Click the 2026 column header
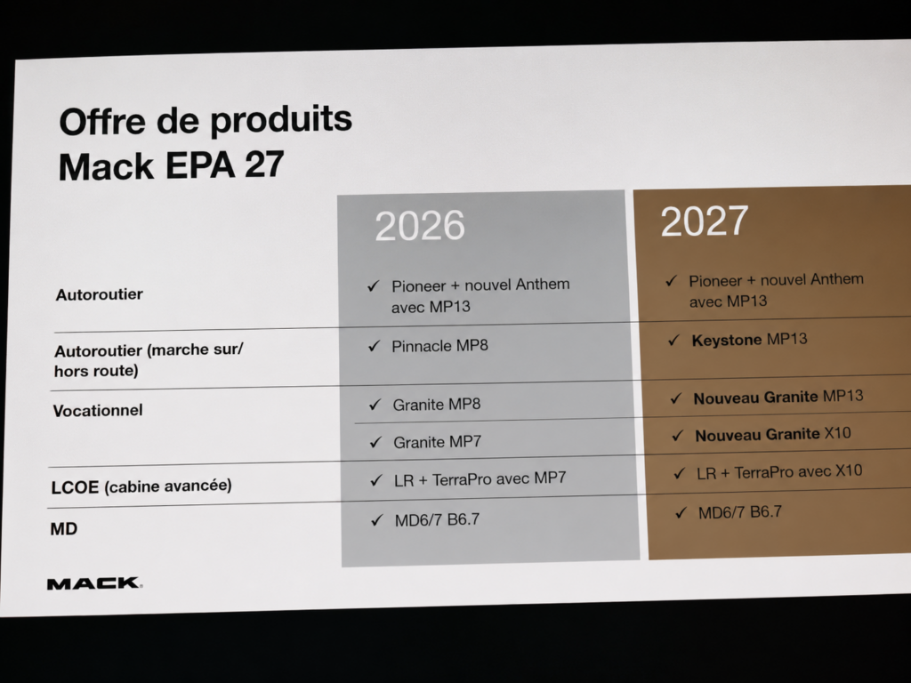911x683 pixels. [x=420, y=225]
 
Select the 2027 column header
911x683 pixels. [x=705, y=221]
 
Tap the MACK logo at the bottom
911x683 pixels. [x=94, y=583]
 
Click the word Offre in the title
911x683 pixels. [x=102, y=122]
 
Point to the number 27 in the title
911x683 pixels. [x=264, y=165]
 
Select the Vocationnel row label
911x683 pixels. [x=98, y=411]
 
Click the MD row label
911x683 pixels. [x=64, y=528]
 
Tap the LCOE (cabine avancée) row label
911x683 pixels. [x=141, y=486]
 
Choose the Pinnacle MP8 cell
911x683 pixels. [x=439, y=346]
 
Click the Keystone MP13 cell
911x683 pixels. [x=749, y=340]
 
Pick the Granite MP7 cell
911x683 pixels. [x=438, y=442]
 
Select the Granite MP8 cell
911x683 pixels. [x=437, y=405]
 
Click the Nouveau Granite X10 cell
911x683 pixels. [x=773, y=434]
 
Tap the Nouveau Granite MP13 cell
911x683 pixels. [x=778, y=398]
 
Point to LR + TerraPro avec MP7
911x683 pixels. [x=480, y=479]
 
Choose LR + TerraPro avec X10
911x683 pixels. [x=779, y=472]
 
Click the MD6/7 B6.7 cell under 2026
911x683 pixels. [x=438, y=519]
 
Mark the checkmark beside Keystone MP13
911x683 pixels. [x=673, y=340]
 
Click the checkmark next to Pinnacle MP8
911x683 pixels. [x=375, y=346]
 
